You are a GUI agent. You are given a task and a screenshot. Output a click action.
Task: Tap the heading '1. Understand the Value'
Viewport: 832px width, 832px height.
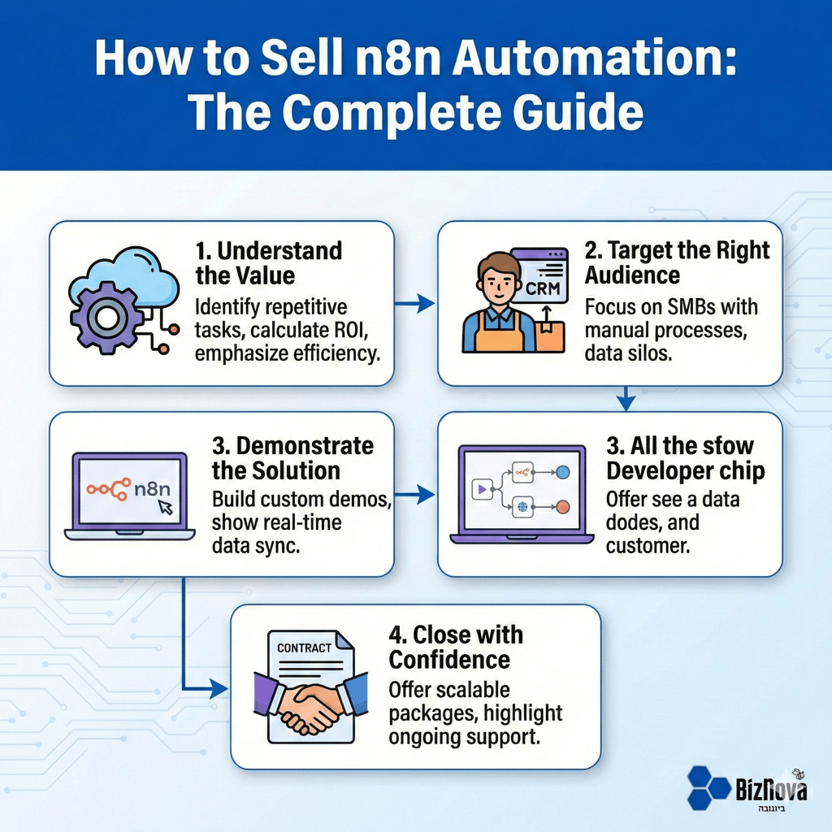[x=268, y=262]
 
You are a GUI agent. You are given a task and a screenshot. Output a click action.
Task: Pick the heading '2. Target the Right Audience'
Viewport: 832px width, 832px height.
[x=677, y=262]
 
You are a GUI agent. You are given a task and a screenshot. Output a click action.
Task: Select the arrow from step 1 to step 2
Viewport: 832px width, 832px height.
[x=415, y=304]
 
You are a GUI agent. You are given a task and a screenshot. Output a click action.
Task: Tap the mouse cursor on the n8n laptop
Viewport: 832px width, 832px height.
[x=166, y=507]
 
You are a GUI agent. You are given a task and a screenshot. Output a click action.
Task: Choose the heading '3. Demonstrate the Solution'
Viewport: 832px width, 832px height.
[x=293, y=457]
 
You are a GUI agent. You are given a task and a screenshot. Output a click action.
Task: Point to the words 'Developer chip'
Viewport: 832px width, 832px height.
[x=685, y=470]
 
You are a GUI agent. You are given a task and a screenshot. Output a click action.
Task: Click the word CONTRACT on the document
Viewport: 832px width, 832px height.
[x=304, y=648]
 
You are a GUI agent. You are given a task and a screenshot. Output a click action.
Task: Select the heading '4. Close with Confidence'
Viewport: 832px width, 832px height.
[x=455, y=646]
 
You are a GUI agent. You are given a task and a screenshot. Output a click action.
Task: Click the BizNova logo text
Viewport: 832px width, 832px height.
[x=769, y=789]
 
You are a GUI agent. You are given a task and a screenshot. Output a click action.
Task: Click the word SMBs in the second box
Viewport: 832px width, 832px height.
[x=704, y=307]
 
